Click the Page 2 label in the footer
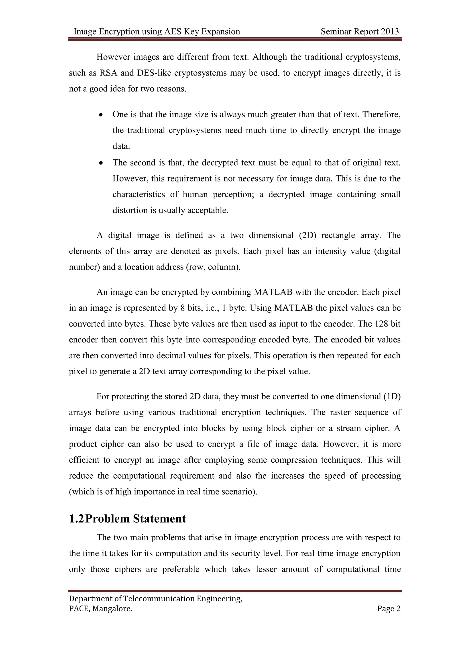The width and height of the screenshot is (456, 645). point(389,608)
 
